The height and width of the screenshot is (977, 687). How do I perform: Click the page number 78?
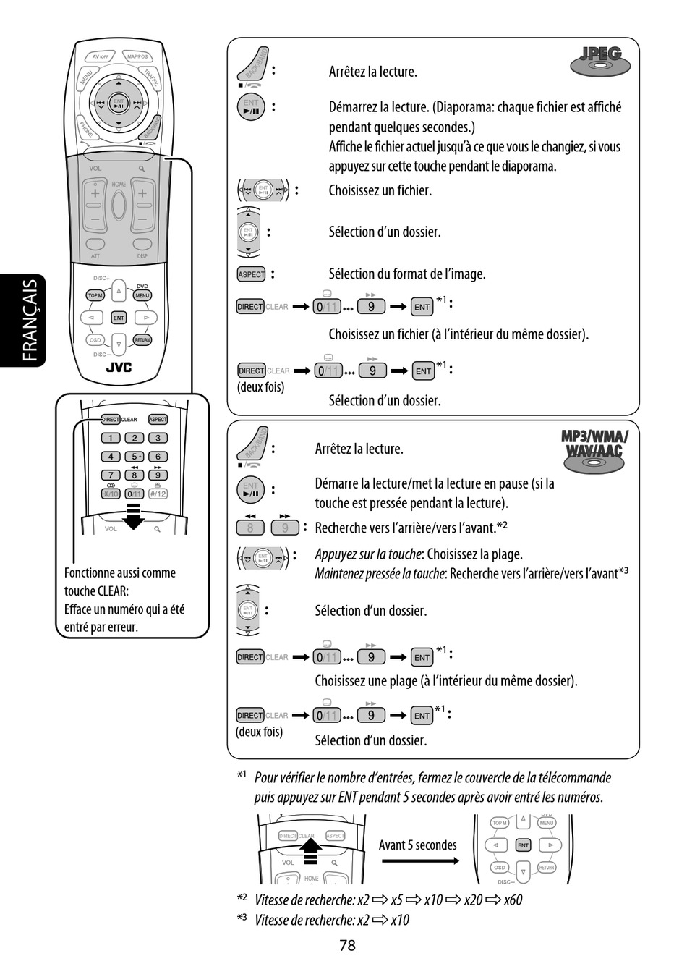click(347, 945)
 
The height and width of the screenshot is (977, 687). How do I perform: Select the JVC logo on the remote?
click(119, 367)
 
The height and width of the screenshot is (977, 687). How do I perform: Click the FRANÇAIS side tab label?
click(30, 321)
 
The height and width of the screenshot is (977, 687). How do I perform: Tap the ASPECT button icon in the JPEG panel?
click(251, 274)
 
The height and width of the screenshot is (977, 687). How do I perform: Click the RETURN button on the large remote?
click(142, 339)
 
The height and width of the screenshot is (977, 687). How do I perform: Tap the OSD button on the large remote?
click(95, 339)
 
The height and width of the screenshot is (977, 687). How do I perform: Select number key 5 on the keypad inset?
click(135, 457)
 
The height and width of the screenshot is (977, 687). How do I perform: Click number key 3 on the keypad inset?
click(158, 438)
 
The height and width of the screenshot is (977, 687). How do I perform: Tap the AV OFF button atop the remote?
click(100, 56)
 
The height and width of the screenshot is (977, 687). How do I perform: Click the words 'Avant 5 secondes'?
click(418, 845)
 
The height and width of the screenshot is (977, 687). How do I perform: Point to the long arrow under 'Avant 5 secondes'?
click(419, 860)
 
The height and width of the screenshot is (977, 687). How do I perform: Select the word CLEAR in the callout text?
click(112, 591)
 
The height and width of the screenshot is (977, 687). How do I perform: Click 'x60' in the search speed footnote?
click(513, 900)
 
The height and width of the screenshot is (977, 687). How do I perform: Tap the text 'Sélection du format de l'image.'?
click(407, 274)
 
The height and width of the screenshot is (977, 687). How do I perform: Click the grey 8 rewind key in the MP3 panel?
click(250, 528)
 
